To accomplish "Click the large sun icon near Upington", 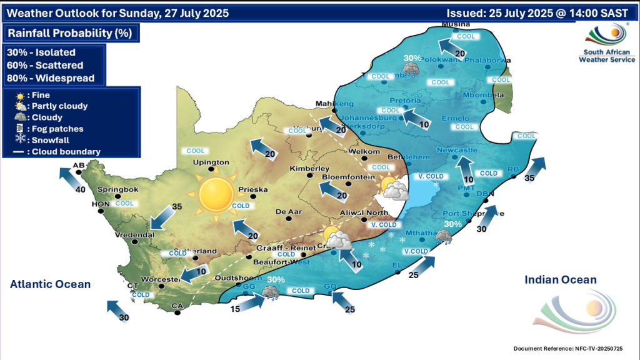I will pyautogui.click(x=216, y=194).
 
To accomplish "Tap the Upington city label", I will pyautogui.click(x=212, y=162).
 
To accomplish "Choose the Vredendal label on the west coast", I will pyautogui.click(x=135, y=236).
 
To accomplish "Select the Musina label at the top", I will pyautogui.click(x=455, y=24).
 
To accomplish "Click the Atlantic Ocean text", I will pyautogui.click(x=50, y=284).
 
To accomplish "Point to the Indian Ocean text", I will pyautogui.click(x=561, y=280).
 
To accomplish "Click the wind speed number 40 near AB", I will pyautogui.click(x=81, y=190).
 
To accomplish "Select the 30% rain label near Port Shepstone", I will pyautogui.click(x=452, y=224).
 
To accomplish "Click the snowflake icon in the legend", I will pyautogui.click(x=21, y=140).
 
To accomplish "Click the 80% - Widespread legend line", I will pyautogui.click(x=50, y=78).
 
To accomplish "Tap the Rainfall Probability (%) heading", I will pyautogui.click(x=70, y=33).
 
